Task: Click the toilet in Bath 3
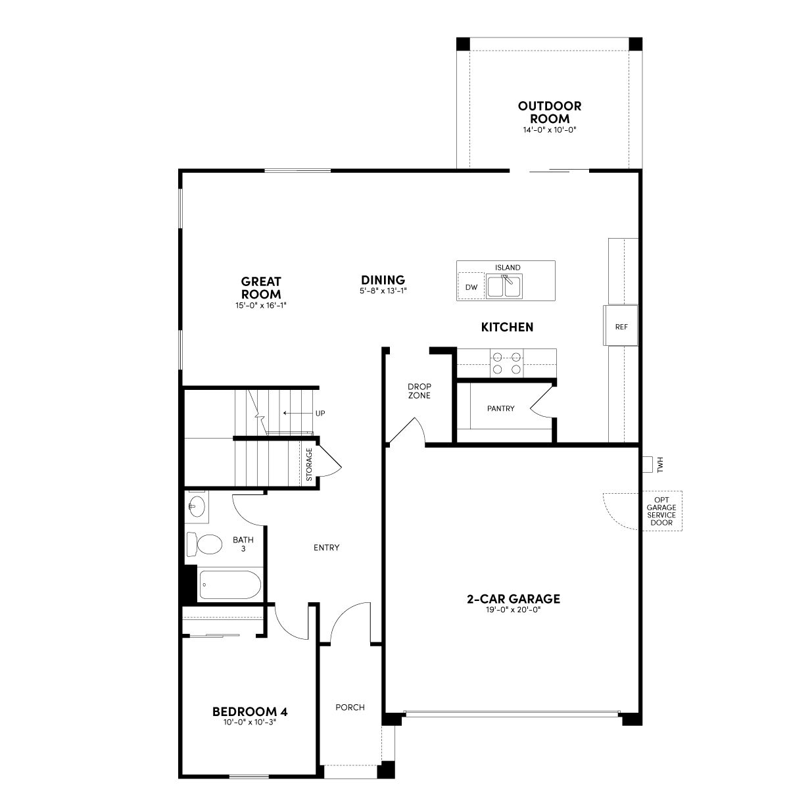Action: click(204, 544)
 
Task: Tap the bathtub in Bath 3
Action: click(230, 585)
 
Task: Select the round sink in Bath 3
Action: click(197, 506)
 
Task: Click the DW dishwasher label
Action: click(471, 287)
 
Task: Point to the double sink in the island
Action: click(504, 286)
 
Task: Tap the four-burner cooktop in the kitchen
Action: click(507, 363)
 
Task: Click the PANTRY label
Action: click(501, 408)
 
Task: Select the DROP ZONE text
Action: click(419, 391)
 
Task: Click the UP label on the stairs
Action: click(320, 413)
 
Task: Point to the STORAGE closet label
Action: click(309, 464)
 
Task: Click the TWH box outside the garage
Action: click(648, 464)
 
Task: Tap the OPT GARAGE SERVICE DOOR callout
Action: click(661, 511)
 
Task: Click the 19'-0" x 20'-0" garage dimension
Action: click(514, 610)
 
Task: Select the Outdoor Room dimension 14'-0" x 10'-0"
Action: click(550, 130)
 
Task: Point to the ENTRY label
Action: click(326, 548)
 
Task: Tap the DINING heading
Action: click(383, 280)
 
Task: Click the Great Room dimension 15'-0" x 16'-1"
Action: click(261, 305)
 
